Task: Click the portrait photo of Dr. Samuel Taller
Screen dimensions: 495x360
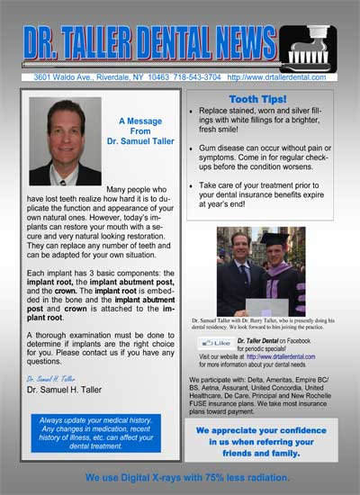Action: coord(65,140)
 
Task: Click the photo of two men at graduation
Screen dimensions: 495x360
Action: coord(261,271)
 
